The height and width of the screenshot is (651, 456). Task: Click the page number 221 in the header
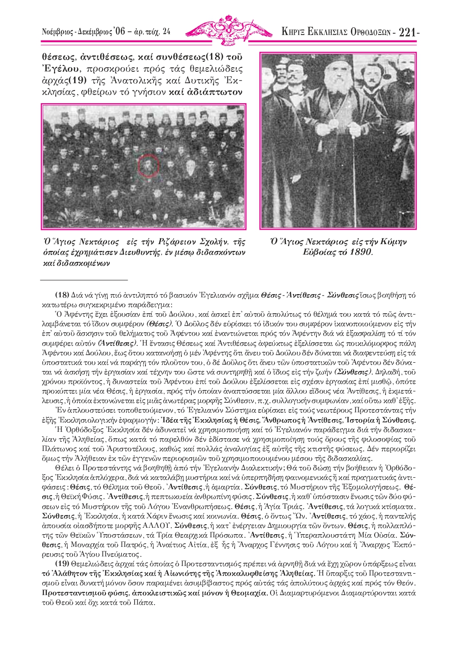406,32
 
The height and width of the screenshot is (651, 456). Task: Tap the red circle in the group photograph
147,164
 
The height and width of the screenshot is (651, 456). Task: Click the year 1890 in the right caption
360,252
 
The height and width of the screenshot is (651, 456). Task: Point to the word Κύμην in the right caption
393,242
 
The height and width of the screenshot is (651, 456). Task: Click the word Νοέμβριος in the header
57,32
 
